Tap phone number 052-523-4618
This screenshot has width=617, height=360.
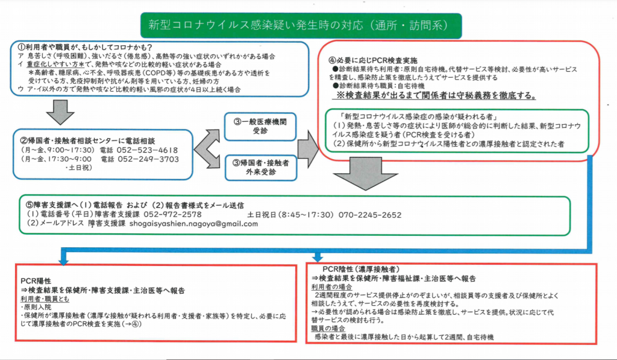pyautogui.click(x=148, y=150)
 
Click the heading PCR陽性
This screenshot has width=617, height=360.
pyautogui.click(x=34, y=281)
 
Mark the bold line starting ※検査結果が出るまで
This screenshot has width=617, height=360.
pyautogui.click(x=429, y=96)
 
